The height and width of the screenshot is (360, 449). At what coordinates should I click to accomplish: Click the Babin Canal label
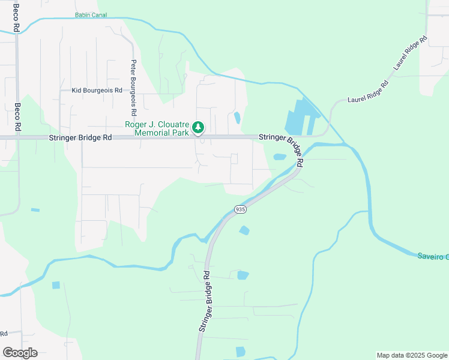point(91,14)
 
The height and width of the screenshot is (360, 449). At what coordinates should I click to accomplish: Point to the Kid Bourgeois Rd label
point(97,90)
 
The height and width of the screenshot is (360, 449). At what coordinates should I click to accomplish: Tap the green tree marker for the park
point(198,128)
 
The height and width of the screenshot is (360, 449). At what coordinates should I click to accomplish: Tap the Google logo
point(20,353)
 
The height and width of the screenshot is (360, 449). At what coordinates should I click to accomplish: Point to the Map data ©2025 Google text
point(411,355)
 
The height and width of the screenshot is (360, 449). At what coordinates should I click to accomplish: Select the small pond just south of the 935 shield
point(244,230)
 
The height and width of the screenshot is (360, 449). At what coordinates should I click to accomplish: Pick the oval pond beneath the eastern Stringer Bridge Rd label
point(280,157)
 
